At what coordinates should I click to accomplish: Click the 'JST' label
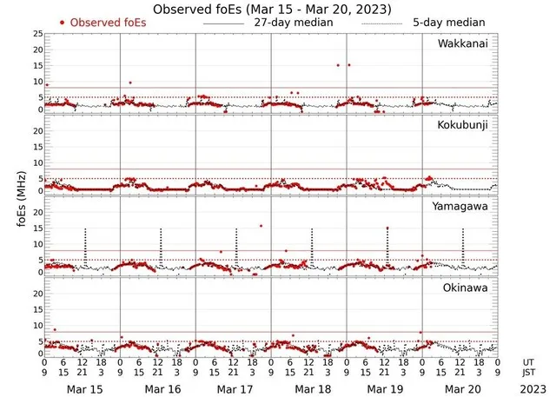click(528, 374)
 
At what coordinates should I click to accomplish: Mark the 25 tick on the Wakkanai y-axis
click(37, 33)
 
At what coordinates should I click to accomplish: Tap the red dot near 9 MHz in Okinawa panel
click(55, 329)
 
